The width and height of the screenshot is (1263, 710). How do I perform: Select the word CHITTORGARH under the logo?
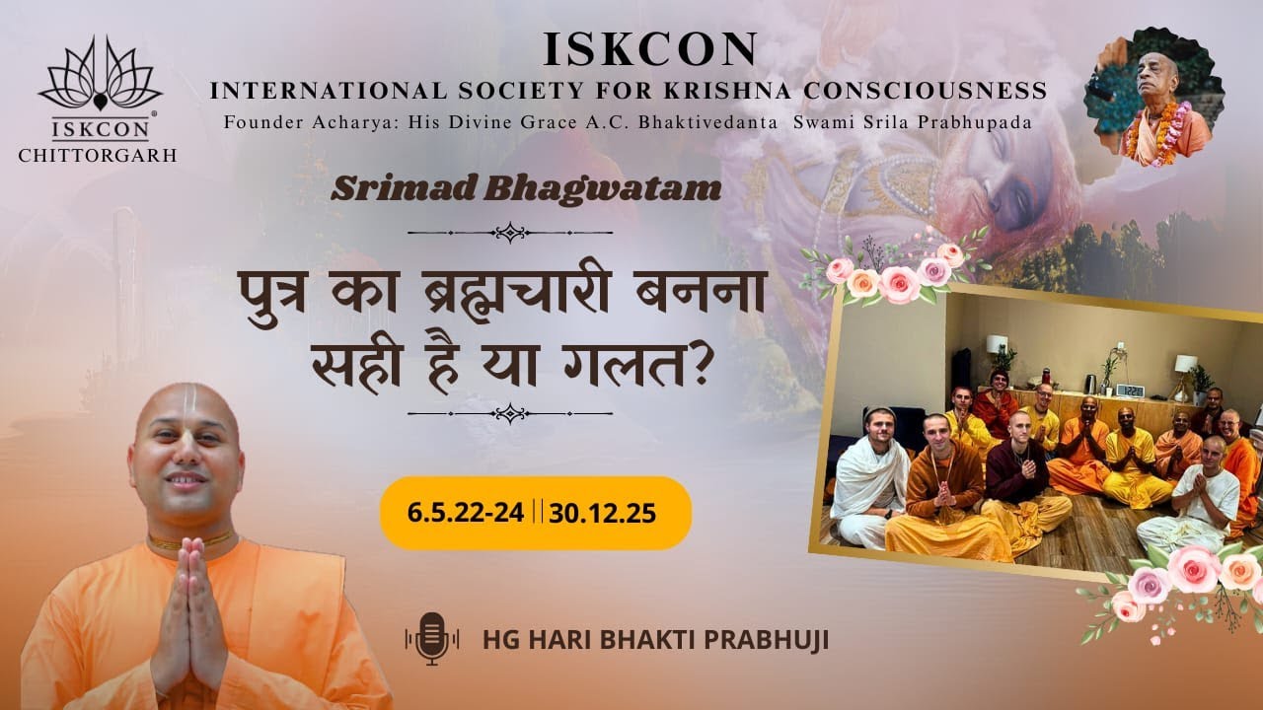point(98,154)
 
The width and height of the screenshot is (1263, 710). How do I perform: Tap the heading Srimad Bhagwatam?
point(526,188)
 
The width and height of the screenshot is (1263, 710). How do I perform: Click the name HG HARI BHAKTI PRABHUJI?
point(655,639)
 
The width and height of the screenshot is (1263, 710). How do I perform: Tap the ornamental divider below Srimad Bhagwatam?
point(509,233)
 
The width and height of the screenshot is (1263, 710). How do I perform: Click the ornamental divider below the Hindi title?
point(509,413)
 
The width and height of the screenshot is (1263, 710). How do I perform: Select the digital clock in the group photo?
point(1130,390)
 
